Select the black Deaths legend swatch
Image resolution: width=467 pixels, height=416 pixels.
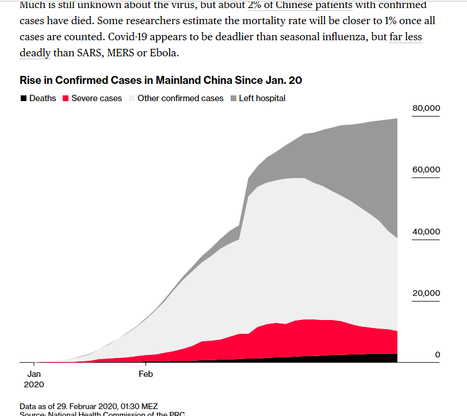click(24, 98)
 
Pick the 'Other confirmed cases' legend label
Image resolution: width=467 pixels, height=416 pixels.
click(181, 98)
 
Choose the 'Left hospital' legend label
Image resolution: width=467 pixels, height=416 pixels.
click(262, 98)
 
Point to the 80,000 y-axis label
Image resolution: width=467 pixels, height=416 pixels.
click(426, 109)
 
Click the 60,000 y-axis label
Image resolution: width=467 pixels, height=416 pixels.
click(426, 170)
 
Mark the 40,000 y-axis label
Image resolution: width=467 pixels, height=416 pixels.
click(426, 232)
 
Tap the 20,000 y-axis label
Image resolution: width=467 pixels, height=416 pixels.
click(426, 293)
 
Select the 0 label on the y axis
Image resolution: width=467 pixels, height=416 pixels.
click(437, 355)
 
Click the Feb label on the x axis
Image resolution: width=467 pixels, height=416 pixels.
click(146, 373)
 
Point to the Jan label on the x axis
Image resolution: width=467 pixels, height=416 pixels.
click(34, 373)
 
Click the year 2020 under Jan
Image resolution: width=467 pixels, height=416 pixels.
click(34, 383)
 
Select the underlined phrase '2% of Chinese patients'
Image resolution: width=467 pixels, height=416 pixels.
click(300, 5)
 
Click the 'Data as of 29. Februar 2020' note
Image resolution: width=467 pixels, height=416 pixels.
click(89, 406)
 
